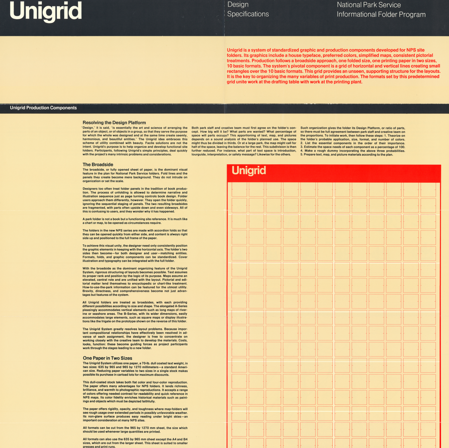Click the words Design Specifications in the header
[248, 9]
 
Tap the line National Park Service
[369, 5]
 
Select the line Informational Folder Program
[381, 15]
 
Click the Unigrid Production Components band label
[43, 108]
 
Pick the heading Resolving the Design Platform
[114, 123]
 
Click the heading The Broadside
[98, 165]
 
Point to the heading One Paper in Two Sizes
[107, 358]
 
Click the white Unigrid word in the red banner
[249, 170]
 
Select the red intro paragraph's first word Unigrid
[234, 50]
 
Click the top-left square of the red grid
[239, 189]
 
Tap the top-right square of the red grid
[428, 189]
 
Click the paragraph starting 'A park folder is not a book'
[135, 221]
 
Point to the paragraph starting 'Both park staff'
[244, 141]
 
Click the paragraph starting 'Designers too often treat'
[135, 200]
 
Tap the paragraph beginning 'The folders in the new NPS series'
[135, 234]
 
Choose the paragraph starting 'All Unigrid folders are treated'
[135, 312]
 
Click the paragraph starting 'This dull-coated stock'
[135, 392]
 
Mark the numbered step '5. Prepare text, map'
[346, 155]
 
